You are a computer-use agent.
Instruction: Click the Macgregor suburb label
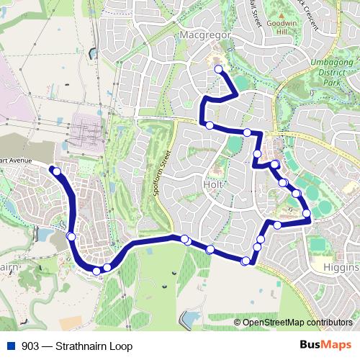[188, 34]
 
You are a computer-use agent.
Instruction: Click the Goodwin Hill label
[296, 28]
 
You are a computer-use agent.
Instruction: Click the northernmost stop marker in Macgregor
[219, 69]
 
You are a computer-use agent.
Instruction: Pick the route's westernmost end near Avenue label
[52, 168]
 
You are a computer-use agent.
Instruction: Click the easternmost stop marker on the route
[307, 213]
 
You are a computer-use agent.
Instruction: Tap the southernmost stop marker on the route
[97, 271]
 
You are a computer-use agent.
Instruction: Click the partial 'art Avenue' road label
[14, 160]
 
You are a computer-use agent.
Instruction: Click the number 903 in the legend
[30, 346]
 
